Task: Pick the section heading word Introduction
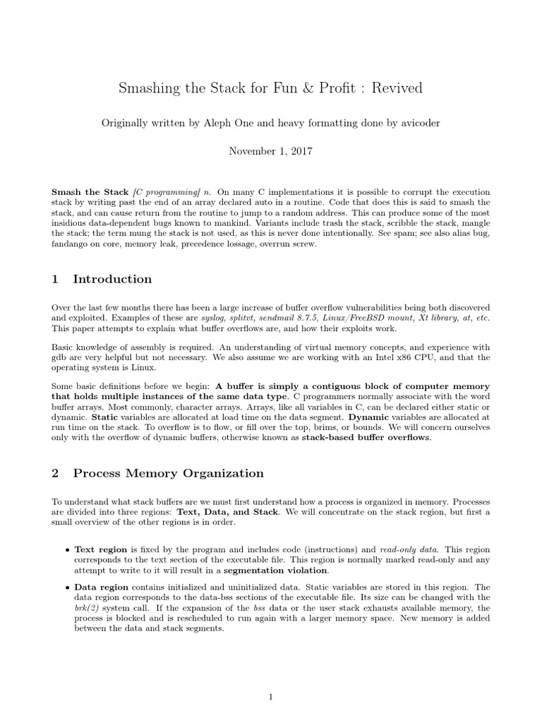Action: [x=112, y=279]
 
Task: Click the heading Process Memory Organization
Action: [x=168, y=473]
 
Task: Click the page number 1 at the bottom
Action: [x=270, y=698]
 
